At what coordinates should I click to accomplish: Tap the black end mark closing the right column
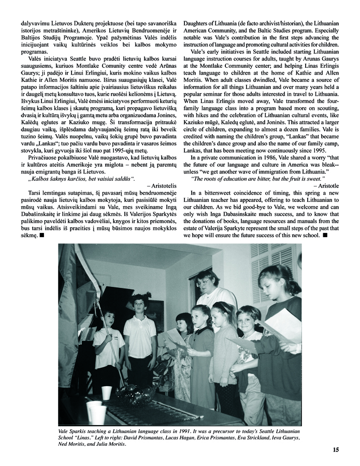click(x=325, y=221)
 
